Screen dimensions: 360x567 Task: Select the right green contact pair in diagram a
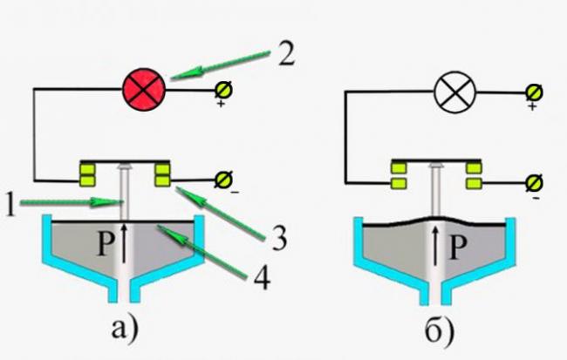pyautogui.click(x=163, y=173)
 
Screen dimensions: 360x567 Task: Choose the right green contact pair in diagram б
pyautogui.click(x=474, y=173)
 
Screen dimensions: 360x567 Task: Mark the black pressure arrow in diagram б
pyautogui.click(x=437, y=244)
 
